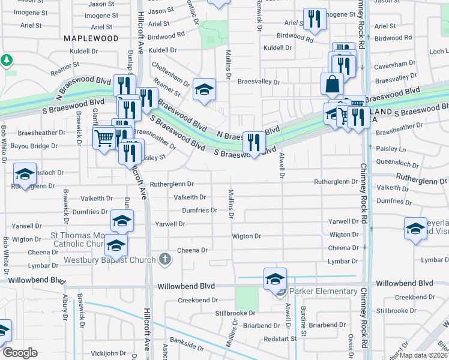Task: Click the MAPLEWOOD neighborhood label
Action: coord(91,38)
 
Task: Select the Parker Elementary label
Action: coord(323,292)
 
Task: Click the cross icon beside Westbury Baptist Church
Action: coord(165,260)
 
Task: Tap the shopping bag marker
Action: coord(332,85)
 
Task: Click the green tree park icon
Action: coord(7,60)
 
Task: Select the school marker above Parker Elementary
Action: coord(275,279)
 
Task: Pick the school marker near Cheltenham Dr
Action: coord(204,90)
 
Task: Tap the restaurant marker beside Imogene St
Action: coord(315,19)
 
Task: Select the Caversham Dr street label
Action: coord(394,63)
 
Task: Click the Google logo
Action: coord(20,353)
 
